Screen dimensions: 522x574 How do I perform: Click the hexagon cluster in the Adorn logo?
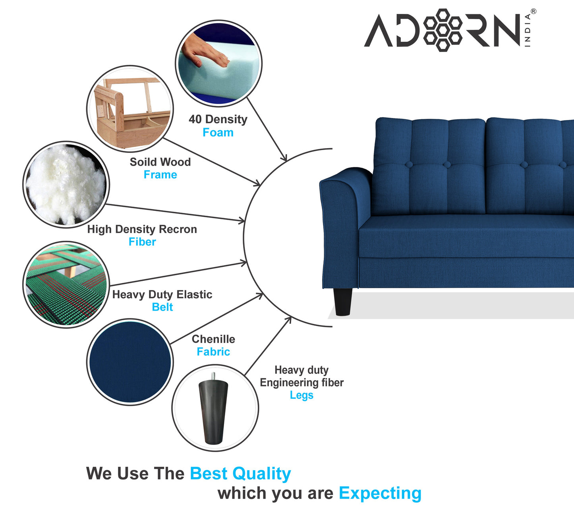tap(443, 30)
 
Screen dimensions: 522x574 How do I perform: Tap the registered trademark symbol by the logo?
tap(533, 12)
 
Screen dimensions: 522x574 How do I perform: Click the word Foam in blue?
tap(218, 132)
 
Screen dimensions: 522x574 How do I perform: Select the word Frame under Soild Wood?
tap(160, 175)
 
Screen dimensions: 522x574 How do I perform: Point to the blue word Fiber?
tap(142, 242)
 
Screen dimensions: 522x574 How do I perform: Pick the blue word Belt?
tap(162, 307)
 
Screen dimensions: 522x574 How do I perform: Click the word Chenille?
tap(213, 339)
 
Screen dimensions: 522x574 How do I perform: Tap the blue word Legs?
tap(301, 395)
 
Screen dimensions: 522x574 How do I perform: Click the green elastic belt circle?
tap(66, 284)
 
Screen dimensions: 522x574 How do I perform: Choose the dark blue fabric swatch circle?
tap(130, 362)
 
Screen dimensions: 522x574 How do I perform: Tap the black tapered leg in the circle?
tap(214, 412)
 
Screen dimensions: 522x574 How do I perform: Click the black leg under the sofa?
tap(342, 302)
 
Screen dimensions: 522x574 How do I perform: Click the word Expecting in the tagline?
tap(380, 493)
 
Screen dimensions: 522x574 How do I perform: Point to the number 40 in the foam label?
tap(195, 119)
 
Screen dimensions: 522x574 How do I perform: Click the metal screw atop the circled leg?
tap(213, 375)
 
